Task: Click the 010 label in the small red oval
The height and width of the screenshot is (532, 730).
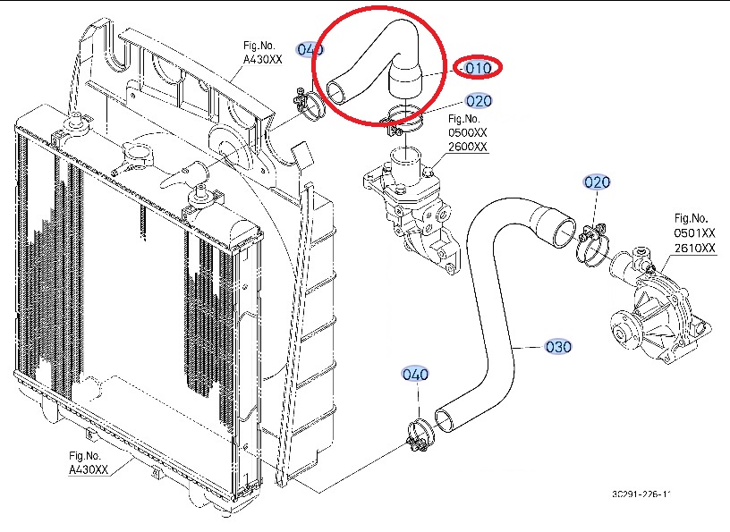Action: tap(479, 67)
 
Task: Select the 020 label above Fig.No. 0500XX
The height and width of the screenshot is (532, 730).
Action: tap(479, 100)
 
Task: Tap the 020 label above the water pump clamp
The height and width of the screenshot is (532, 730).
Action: tap(597, 182)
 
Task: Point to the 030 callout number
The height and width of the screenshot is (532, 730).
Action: tap(558, 346)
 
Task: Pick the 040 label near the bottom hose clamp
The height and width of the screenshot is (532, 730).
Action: tap(415, 374)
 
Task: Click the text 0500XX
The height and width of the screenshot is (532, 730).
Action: tap(468, 132)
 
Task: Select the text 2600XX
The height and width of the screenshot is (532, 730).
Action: tap(468, 147)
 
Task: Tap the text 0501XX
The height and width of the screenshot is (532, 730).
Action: tap(695, 233)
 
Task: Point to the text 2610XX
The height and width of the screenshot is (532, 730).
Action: tap(695, 248)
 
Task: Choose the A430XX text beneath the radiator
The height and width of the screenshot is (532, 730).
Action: tap(89, 470)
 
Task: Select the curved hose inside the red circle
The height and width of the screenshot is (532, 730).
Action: tap(376, 63)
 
